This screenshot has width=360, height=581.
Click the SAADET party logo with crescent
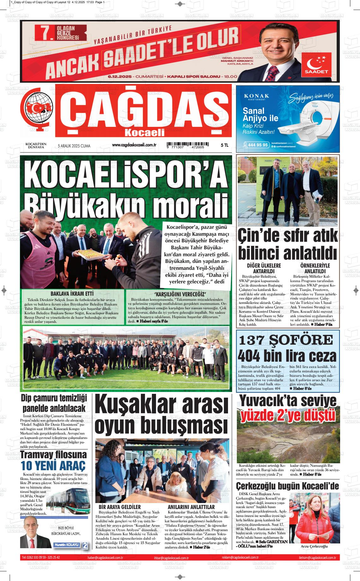[318, 65]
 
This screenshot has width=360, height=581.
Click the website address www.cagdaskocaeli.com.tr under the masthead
[134, 145]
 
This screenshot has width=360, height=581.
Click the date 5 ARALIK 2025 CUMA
[74, 146]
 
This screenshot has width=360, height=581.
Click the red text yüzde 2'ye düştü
[288, 416]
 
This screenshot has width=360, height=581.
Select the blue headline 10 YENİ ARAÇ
[53, 466]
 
